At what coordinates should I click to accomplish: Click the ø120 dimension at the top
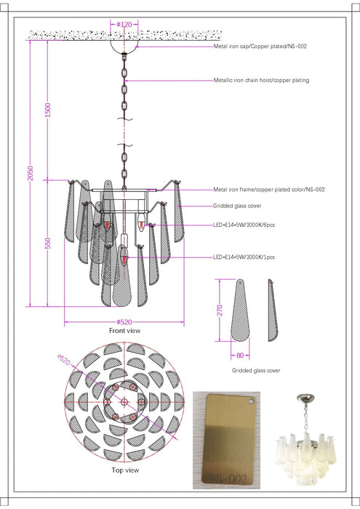[x=124, y=24]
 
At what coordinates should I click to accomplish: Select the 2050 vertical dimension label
[x=31, y=173]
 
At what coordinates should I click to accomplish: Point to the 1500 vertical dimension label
[x=48, y=110]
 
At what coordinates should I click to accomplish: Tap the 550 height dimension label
[x=48, y=243]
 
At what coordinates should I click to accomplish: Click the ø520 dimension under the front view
[x=124, y=322]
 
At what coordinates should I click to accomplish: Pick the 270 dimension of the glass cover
[x=220, y=310]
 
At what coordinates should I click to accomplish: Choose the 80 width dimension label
[x=240, y=356]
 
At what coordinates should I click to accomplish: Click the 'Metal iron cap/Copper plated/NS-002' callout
[x=260, y=47]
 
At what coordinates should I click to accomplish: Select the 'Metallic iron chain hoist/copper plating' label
[x=261, y=80]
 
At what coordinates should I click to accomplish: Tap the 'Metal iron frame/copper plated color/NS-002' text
[x=269, y=189]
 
